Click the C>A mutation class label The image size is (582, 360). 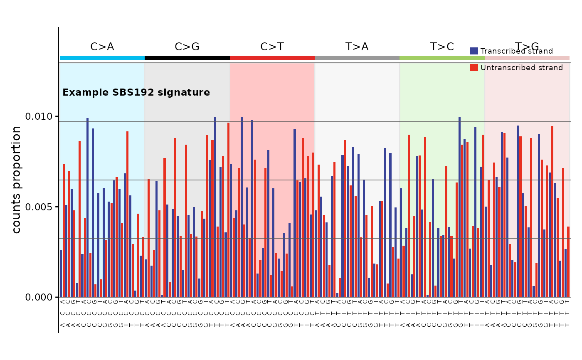102,47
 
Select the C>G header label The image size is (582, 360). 187,47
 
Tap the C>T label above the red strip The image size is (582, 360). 272,47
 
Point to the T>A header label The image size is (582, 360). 357,47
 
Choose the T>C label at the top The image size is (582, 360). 442,47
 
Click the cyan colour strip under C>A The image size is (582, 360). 102,58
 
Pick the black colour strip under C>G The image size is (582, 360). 187,58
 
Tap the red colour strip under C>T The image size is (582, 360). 272,58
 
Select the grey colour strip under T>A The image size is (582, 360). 357,58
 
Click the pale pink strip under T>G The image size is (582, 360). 527,58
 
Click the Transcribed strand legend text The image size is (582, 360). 516,51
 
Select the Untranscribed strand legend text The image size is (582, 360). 521,68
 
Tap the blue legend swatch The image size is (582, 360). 474,51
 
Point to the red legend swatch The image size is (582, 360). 474,68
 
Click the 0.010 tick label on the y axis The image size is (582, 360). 40,116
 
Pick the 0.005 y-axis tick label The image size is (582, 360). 40,207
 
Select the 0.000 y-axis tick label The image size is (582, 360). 40,297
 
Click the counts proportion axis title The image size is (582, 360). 17,180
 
